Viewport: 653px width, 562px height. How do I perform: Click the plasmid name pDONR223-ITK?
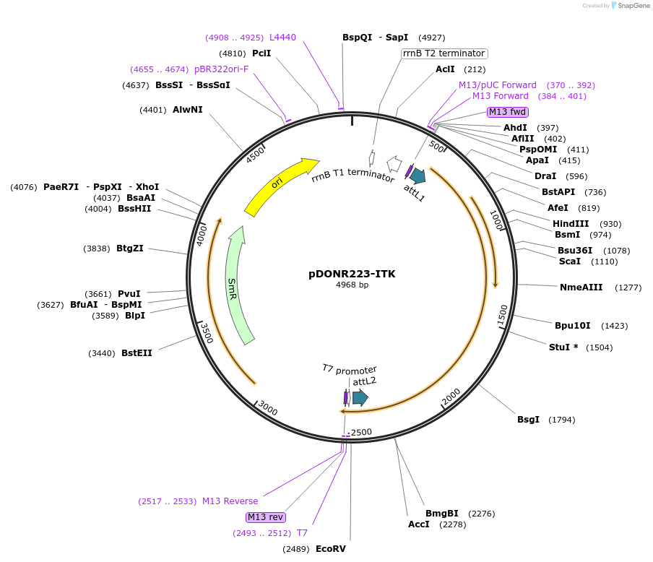click(352, 274)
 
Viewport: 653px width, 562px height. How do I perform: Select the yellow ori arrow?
click(280, 186)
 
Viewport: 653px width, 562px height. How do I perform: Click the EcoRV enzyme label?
click(330, 548)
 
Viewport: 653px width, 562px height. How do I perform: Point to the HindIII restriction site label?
click(571, 224)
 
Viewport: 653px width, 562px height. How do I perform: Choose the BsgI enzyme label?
click(527, 420)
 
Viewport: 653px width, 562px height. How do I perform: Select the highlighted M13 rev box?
click(265, 517)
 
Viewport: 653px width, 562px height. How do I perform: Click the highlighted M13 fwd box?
click(508, 112)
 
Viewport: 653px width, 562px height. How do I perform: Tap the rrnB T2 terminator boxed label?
click(444, 53)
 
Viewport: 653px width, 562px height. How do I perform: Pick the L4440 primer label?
click(282, 38)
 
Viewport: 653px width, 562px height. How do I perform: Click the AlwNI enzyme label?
click(188, 110)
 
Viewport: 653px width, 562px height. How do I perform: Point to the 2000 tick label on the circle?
click(450, 396)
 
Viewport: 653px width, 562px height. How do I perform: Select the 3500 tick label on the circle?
click(206, 333)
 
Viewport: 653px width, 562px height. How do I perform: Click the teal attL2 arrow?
click(360, 397)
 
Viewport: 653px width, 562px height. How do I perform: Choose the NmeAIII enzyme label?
click(581, 288)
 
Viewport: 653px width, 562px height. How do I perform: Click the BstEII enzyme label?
click(137, 353)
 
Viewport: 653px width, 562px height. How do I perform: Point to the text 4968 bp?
click(352, 285)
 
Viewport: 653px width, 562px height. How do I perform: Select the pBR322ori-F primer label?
click(221, 69)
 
